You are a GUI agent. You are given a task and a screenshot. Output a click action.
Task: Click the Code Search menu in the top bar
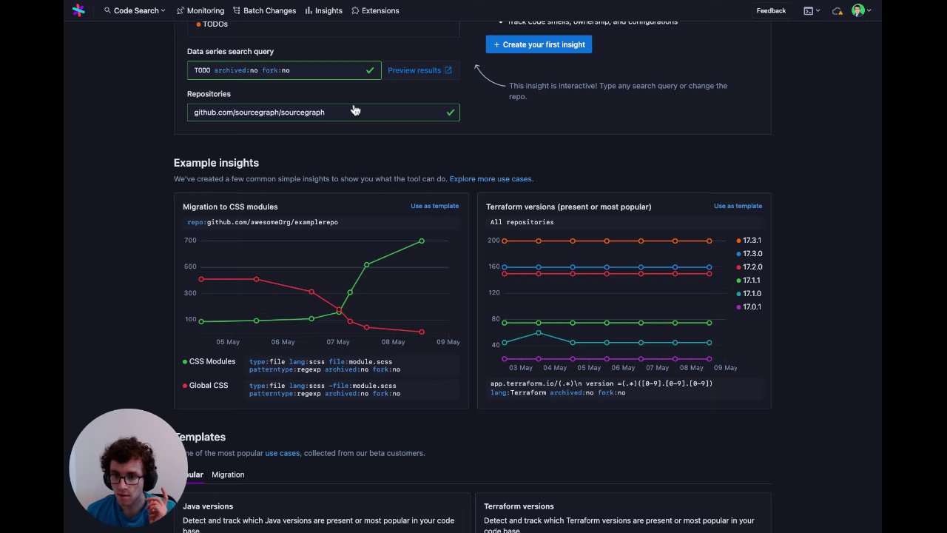135,10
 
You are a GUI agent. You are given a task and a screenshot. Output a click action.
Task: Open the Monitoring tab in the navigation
200,10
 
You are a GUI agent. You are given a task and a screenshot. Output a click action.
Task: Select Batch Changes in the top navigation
264,10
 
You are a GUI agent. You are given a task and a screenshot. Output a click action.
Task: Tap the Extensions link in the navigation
375,10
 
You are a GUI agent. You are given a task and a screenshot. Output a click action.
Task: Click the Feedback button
771,10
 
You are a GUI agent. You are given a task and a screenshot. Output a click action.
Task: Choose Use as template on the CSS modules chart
434,206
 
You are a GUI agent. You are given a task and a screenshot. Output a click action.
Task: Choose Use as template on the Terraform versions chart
738,206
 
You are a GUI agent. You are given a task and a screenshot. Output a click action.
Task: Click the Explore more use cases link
491,178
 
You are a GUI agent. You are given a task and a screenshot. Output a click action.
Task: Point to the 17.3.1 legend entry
751,241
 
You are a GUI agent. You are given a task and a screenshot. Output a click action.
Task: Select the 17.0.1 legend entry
751,307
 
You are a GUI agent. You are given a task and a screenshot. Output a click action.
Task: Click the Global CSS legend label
208,386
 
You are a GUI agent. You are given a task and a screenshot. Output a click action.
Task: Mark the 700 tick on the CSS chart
190,241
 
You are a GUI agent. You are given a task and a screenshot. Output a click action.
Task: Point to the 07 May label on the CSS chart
338,342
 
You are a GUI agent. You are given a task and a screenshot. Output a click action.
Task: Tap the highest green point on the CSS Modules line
422,241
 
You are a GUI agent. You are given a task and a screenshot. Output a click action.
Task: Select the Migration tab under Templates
228,475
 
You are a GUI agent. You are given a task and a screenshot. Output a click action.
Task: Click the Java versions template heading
208,506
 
